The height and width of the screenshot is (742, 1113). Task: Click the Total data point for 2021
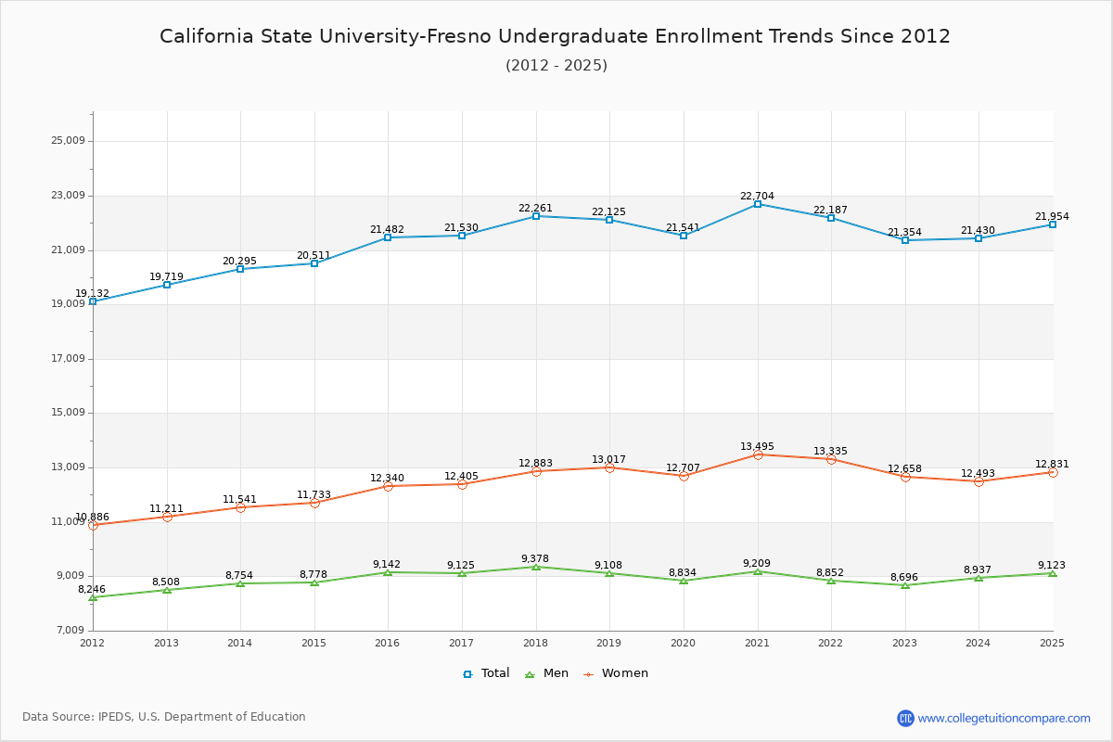757,204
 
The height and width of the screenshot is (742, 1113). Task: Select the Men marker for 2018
536,567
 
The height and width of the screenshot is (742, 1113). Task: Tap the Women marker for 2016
388,486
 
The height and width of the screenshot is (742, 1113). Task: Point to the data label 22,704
757,196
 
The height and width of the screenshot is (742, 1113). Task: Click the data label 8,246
92,590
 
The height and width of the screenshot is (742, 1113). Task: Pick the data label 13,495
757,446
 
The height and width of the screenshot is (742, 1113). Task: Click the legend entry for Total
486,673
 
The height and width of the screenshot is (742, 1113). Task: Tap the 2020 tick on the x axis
683,643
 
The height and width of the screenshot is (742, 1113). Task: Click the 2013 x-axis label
166,643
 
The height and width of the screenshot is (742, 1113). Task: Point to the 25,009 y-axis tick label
68,141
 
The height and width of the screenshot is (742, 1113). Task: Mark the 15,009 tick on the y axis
68,413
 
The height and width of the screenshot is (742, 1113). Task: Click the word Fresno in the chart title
459,36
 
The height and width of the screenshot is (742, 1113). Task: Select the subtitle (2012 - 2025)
556,65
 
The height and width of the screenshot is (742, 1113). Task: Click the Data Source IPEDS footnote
164,717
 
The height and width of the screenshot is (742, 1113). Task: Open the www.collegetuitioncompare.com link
1004,718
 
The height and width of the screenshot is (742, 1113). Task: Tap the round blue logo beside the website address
905,718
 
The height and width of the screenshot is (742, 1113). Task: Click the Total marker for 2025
1053,224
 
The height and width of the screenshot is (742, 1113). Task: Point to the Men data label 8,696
904,577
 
